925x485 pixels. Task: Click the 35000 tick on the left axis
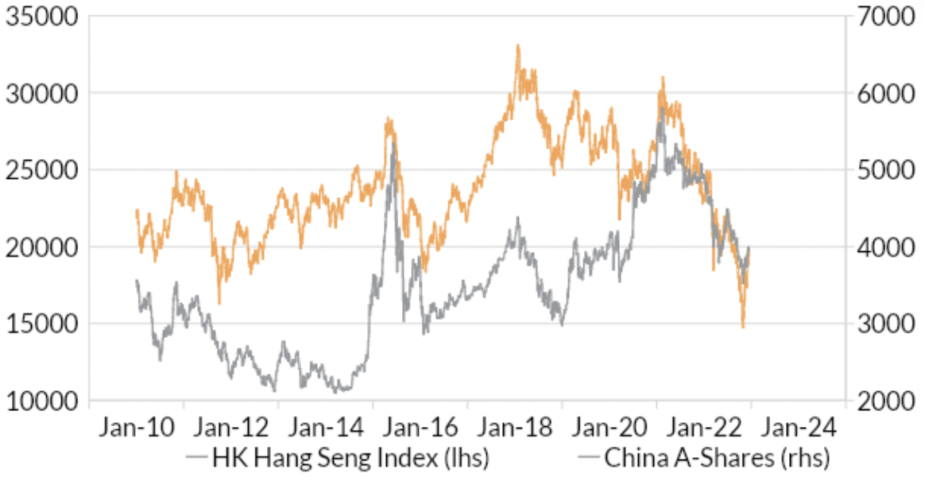pos(41,17)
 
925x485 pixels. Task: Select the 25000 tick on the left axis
pos(41,170)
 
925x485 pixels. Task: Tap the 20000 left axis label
pos(41,247)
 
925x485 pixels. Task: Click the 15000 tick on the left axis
pos(41,324)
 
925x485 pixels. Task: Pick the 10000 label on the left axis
pos(41,401)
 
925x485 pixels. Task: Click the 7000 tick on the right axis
pos(883,17)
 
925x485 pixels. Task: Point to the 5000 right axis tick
pos(883,170)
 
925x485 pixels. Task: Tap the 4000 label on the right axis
pos(883,247)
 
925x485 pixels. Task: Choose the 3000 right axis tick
pos(883,324)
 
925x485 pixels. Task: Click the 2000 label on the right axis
pos(883,401)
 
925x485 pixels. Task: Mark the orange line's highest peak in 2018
pos(518,46)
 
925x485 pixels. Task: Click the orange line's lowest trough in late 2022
pos(743,326)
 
